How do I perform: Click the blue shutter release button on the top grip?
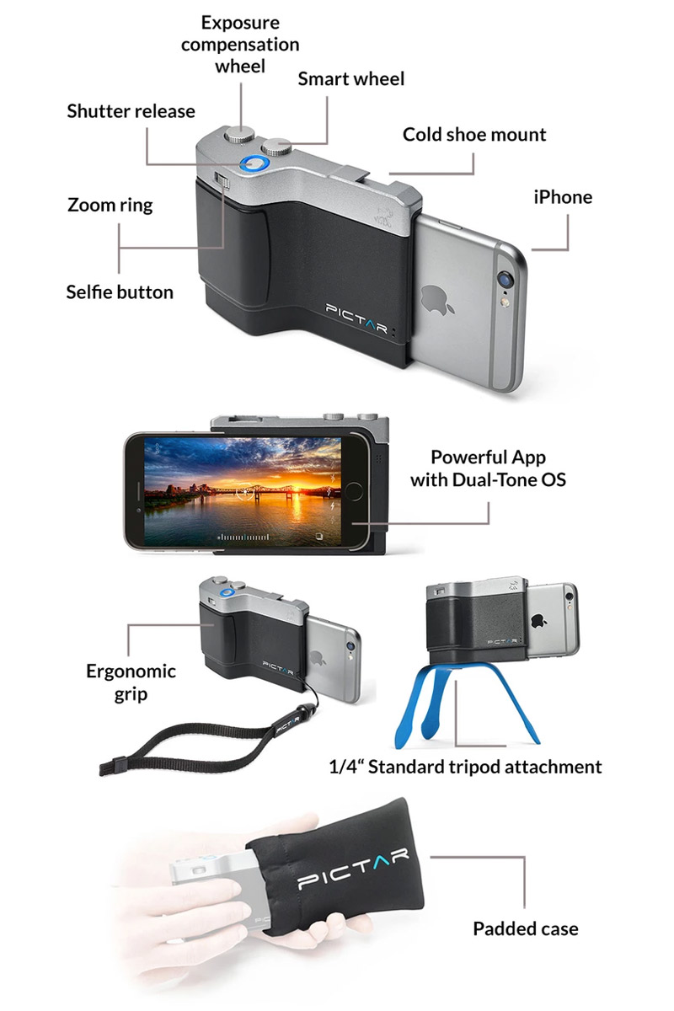pos(254,165)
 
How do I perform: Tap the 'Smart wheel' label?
pos(350,79)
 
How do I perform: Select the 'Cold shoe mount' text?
pos(474,135)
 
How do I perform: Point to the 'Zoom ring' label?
pos(110,206)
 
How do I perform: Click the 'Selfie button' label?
pos(120,292)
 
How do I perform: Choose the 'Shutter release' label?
pos(131,111)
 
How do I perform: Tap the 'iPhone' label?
pos(563,197)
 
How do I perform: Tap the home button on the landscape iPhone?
pos(354,492)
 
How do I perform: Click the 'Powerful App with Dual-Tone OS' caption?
pos(488,468)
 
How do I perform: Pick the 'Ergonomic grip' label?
pos(131,682)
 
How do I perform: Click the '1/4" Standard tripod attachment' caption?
pos(465,767)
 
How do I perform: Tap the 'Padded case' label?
pos(526,928)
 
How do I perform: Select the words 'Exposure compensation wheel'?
pos(240,44)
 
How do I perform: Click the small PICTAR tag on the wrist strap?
pos(287,725)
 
